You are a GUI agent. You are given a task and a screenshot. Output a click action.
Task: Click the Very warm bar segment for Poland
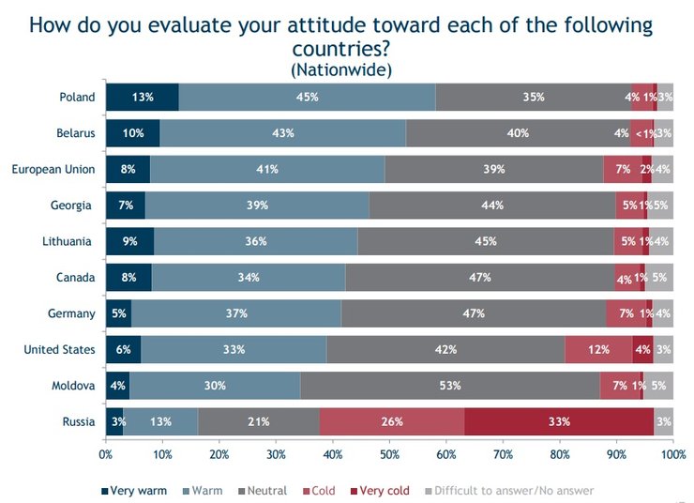(142, 97)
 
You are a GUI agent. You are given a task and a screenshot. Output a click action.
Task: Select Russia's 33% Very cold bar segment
(559, 421)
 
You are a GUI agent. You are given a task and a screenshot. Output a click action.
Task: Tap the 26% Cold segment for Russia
(392, 421)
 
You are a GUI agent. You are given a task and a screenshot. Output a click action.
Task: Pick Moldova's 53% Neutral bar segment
(450, 386)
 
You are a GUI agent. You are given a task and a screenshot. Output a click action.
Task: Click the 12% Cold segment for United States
(598, 350)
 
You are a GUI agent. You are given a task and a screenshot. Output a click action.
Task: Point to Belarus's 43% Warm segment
(282, 133)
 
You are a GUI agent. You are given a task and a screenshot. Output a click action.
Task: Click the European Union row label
(53, 169)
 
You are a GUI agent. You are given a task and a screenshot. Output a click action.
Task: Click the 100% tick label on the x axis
(672, 455)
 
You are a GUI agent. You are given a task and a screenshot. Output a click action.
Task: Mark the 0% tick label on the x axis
(106, 455)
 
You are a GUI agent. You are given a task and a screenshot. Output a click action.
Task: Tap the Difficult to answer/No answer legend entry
(511, 490)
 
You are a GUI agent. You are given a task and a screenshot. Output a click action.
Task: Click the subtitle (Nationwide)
(340, 69)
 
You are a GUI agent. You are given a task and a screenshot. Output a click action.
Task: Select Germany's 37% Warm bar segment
(236, 313)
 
